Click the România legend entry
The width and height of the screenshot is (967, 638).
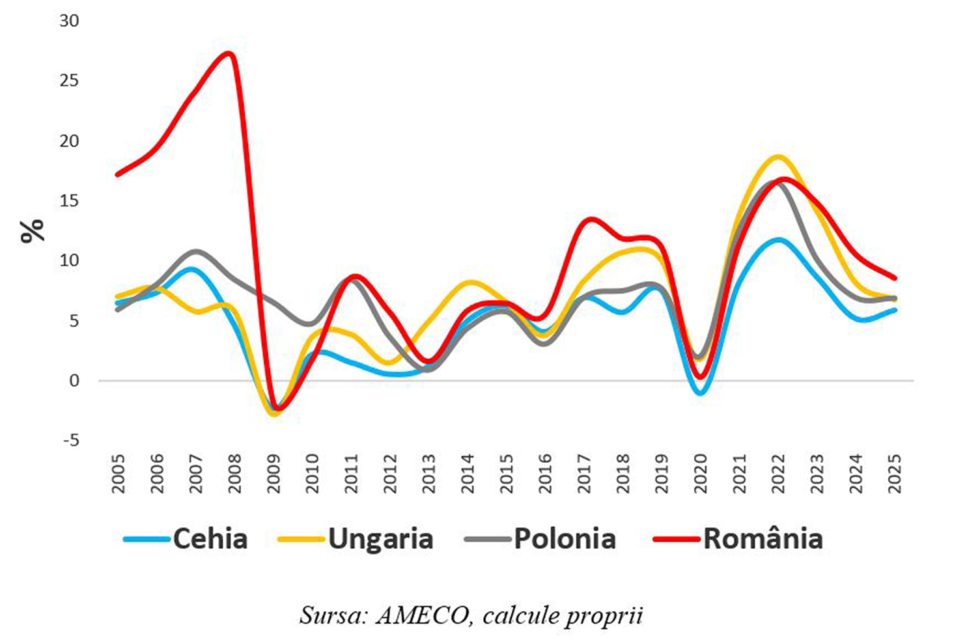click(x=763, y=539)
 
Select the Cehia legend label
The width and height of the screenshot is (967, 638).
click(x=210, y=539)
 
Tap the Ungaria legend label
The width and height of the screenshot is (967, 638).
click(x=380, y=539)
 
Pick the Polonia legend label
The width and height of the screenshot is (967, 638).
click(x=565, y=539)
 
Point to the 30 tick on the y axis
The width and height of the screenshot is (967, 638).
click(x=68, y=21)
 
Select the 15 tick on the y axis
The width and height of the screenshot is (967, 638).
click(x=68, y=201)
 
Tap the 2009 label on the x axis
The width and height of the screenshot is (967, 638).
click(x=274, y=474)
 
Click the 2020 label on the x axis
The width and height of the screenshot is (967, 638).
click(x=701, y=474)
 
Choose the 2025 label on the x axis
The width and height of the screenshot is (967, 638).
click(x=895, y=474)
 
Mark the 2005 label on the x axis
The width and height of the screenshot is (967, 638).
click(x=119, y=474)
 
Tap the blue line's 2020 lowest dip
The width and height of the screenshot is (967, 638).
click(x=701, y=393)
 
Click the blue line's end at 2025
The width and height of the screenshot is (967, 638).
click(x=895, y=310)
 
